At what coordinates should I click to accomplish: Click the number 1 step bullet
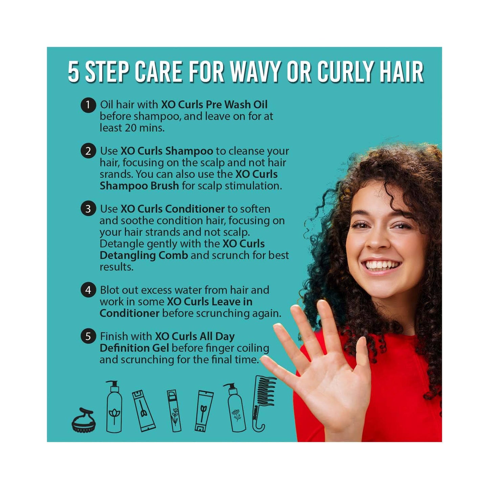point(88,105)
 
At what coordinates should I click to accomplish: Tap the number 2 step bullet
point(88,151)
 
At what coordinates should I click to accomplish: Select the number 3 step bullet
point(88,209)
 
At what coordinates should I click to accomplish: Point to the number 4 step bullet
point(88,290)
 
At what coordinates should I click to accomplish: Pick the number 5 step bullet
point(88,336)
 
